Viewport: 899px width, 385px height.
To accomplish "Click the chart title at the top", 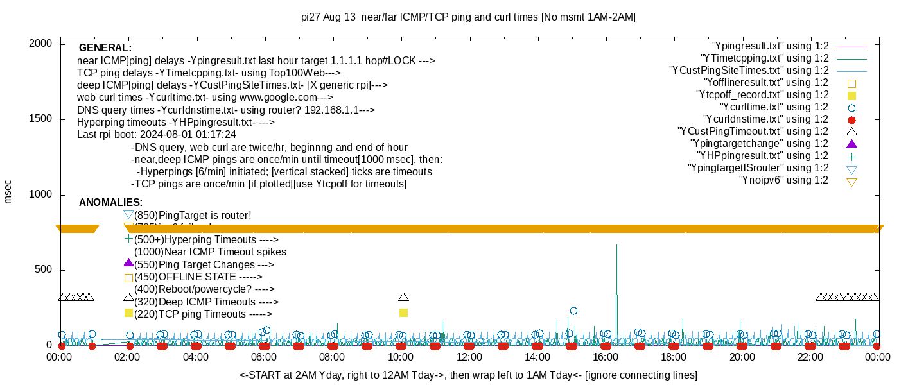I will point(468,17).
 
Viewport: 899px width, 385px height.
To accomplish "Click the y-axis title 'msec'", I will point(8,192).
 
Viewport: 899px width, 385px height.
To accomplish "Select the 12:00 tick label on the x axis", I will point(469,357).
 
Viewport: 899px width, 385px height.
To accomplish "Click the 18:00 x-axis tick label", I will point(673,357).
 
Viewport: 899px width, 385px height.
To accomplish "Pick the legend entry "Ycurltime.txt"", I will point(774,107).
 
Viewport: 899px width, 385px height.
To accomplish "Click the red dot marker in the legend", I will point(851,119).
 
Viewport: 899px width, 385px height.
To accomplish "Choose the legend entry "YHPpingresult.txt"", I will point(763,156).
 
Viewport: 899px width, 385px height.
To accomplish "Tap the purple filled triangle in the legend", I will point(851,144).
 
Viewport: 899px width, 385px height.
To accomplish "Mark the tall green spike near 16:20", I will point(616,257).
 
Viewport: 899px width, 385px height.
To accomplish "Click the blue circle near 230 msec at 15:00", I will point(573,311).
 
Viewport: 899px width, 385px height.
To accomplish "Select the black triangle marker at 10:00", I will point(403,297).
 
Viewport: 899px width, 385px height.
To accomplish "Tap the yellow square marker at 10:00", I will point(403,313).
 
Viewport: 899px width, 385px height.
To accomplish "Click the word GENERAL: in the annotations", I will point(105,48).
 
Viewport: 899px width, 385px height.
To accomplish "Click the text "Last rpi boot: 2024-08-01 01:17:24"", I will point(156,135).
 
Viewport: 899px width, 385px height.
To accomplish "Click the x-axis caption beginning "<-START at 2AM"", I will point(468,375).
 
